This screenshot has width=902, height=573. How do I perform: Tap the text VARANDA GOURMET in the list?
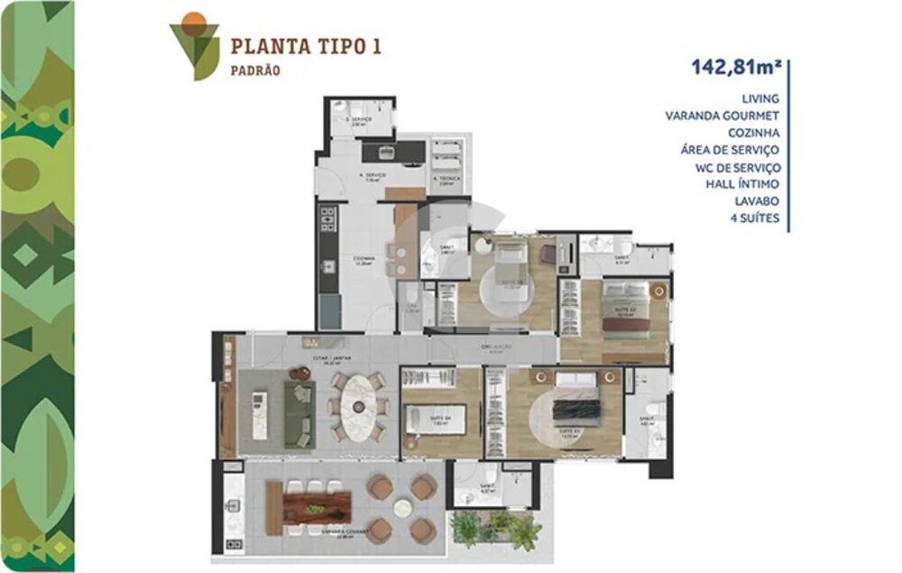tap(723, 115)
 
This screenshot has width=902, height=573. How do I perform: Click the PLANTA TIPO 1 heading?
tap(305, 47)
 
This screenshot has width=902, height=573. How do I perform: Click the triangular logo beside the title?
tap(194, 43)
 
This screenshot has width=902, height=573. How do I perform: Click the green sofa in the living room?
tap(299, 413)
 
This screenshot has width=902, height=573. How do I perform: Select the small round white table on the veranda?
tap(402, 508)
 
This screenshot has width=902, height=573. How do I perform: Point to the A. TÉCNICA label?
tap(445, 179)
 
